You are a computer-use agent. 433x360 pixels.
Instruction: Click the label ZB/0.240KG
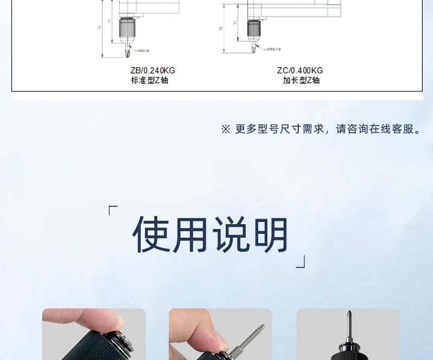pos(153,70)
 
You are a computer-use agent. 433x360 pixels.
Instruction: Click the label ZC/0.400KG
pos(299,70)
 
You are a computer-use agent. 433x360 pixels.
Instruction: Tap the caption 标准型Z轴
pos(149,80)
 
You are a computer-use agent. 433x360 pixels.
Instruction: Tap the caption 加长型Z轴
pos(301,80)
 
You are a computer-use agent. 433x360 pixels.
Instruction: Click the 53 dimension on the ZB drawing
pos(109,22)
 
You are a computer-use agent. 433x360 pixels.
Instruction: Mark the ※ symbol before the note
pos(225,129)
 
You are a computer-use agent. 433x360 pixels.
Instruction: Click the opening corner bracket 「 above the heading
pos(113,210)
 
